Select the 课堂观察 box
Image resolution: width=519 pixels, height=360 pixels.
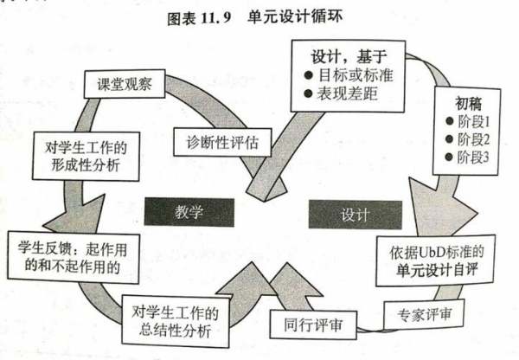click(x=122, y=84)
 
